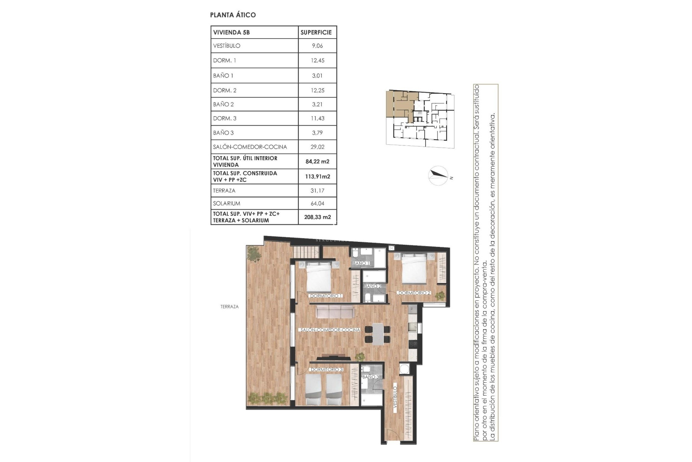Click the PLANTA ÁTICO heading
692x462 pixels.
coord(233,15)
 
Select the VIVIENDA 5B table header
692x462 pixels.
coord(231,32)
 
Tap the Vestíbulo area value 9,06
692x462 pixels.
coord(317,46)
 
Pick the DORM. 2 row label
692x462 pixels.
coord(225,90)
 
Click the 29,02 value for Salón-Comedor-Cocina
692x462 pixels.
coord(317,147)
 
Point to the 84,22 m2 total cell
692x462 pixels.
coord(317,161)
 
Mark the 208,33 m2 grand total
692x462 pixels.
coord(317,217)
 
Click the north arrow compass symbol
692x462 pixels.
coord(438,176)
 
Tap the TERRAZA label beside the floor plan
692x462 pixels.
coord(230,306)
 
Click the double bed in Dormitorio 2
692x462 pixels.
coord(414,269)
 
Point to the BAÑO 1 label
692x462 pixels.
coord(361,263)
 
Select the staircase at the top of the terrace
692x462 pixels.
coord(306,251)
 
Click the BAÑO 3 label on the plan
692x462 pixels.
coord(371,377)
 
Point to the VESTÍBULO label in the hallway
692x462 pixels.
coord(395,397)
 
